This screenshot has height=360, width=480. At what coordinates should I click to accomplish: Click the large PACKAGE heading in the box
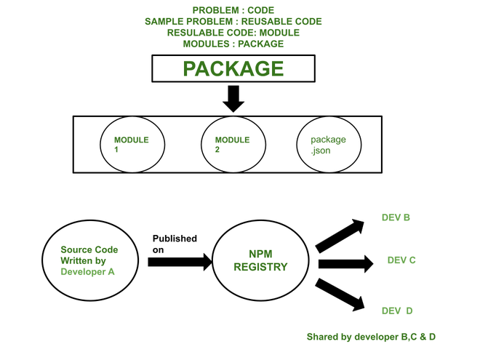pyautogui.click(x=233, y=69)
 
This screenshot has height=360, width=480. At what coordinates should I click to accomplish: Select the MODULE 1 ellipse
pyautogui.click(x=132, y=145)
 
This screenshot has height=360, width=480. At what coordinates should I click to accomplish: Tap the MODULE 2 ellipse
pyautogui.click(x=232, y=145)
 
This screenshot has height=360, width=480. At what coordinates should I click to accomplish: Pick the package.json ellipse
pyautogui.click(x=328, y=145)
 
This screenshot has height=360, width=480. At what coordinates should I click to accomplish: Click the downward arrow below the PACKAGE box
pyautogui.click(x=233, y=99)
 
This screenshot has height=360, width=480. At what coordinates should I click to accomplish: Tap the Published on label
pyautogui.click(x=174, y=244)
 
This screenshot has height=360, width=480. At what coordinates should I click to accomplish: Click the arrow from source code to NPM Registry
pyautogui.click(x=179, y=260)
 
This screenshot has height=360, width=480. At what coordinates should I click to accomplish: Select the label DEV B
pyautogui.click(x=396, y=217)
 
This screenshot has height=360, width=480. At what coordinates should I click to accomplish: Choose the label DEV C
pyautogui.click(x=401, y=260)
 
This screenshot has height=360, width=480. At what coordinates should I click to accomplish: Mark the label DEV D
pyautogui.click(x=397, y=311)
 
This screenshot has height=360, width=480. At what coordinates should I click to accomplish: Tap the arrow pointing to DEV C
pyautogui.click(x=345, y=262)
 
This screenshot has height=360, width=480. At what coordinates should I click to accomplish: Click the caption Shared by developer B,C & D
pyautogui.click(x=371, y=337)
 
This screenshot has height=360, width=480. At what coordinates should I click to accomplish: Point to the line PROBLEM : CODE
pyautogui.click(x=233, y=10)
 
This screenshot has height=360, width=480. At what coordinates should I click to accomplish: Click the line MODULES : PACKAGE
pyautogui.click(x=233, y=44)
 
